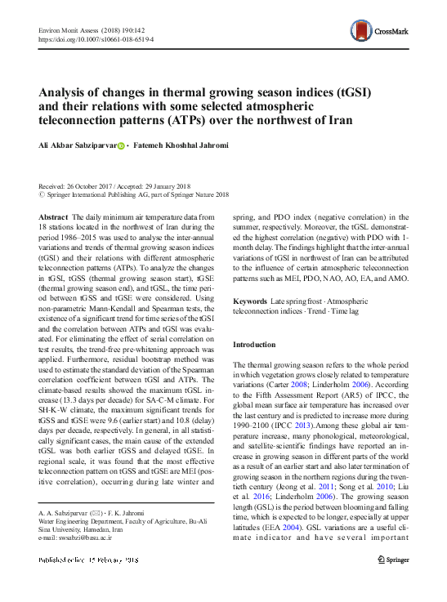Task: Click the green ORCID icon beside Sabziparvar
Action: click(x=121, y=145)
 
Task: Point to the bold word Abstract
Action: click(x=53, y=216)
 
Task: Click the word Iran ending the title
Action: click(x=340, y=120)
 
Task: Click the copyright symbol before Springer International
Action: click(x=42, y=195)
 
